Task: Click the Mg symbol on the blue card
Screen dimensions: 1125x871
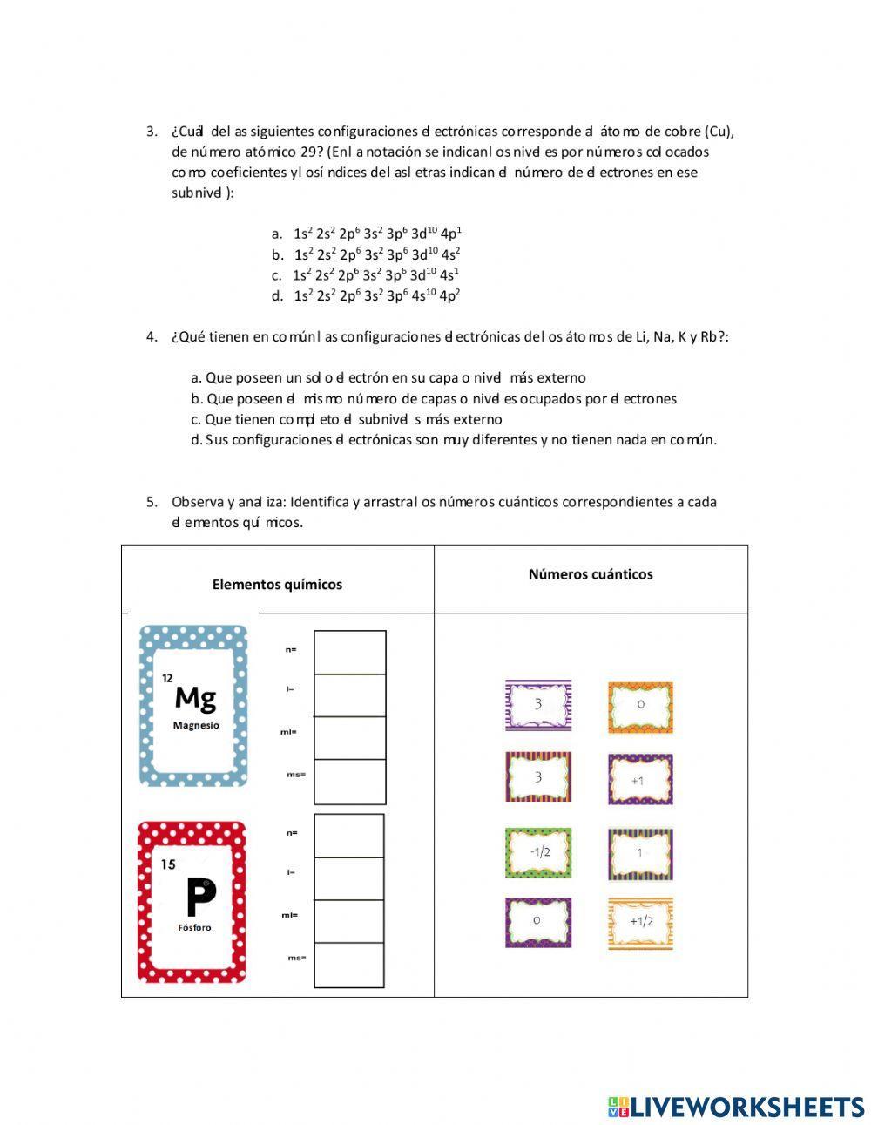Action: point(195,697)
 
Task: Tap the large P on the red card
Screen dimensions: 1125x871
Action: point(200,898)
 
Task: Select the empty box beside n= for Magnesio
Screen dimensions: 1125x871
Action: point(349,652)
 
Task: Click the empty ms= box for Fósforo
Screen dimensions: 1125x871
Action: point(348,965)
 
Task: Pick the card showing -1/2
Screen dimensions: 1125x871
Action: point(538,852)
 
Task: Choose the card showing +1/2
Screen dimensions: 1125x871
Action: point(640,921)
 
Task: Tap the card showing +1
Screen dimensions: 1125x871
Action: point(640,780)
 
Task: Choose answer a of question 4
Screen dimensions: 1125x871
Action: point(388,377)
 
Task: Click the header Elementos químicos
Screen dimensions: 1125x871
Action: point(277,585)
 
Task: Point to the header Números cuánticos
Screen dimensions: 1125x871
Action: point(591,574)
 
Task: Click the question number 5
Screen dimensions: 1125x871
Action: point(152,502)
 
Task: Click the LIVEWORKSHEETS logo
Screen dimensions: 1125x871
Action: point(735,1106)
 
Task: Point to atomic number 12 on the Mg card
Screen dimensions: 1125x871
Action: point(167,677)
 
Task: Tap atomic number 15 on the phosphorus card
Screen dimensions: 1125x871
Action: point(168,864)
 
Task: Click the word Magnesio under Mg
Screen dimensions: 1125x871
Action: point(196,725)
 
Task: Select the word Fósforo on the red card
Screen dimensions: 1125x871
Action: point(194,927)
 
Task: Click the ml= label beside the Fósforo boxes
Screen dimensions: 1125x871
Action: point(289,915)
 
